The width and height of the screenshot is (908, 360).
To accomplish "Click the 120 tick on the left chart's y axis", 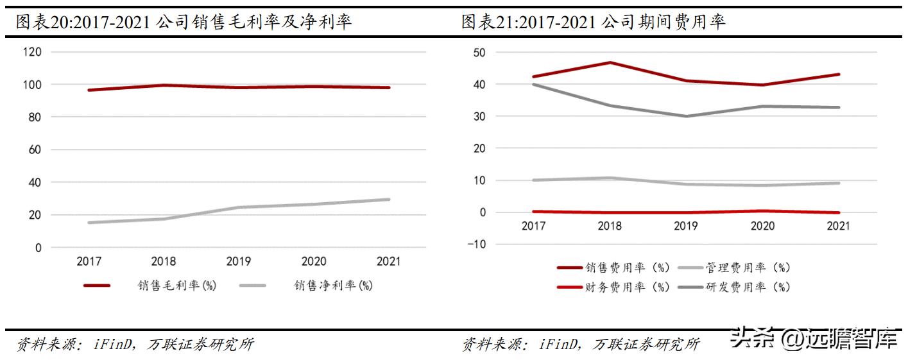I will (31, 52).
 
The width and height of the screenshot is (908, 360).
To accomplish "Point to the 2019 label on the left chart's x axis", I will (239, 261).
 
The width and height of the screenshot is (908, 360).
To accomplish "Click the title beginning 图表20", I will (184, 22).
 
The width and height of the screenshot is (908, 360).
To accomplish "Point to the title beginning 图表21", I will (594, 22).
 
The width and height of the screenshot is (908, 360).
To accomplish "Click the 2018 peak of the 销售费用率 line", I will (610, 62).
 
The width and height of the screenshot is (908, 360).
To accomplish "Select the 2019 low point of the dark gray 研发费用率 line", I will (685, 116).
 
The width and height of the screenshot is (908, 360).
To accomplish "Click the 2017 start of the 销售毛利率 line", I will (89, 90).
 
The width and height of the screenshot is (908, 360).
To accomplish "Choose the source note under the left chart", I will (135, 345).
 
